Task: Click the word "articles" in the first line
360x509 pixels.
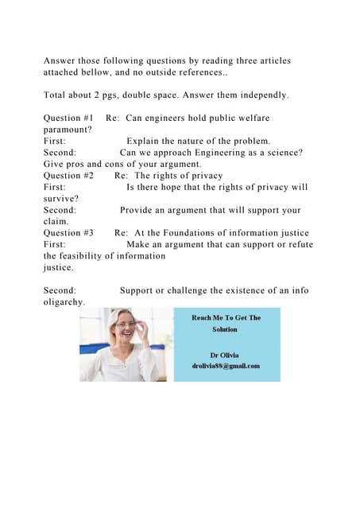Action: coord(268,60)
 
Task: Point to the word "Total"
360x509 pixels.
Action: coord(57,95)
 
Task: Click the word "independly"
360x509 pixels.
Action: coord(259,95)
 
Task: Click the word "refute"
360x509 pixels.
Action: coord(297,244)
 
